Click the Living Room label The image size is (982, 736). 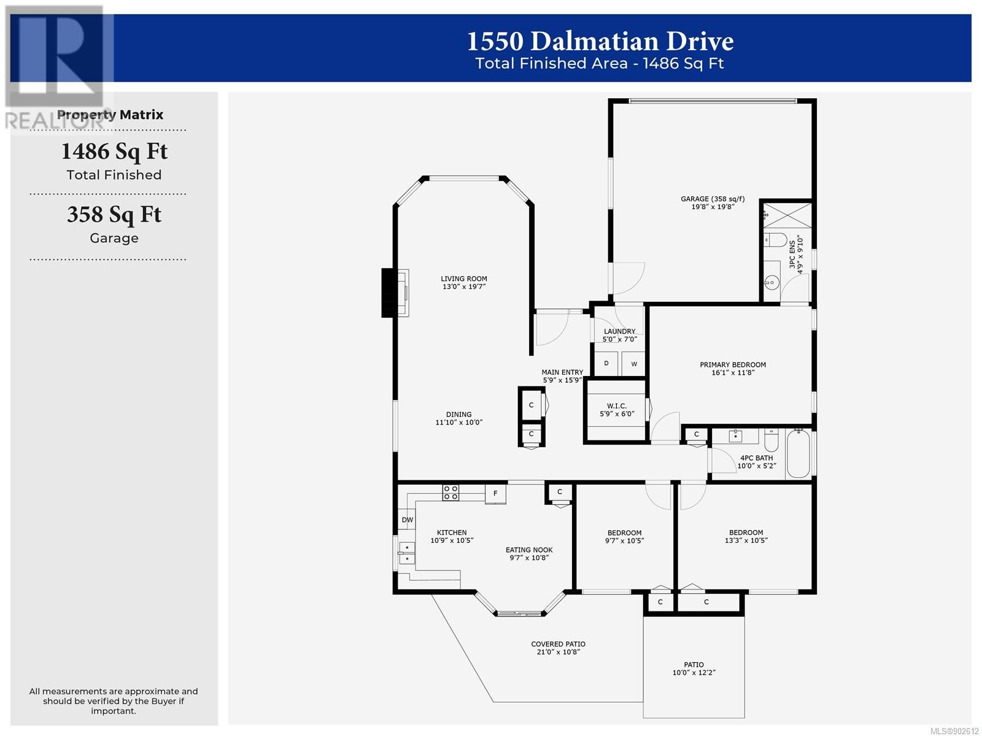click(x=463, y=278)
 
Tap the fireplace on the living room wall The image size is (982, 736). click(x=395, y=293)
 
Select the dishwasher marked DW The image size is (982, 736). click(x=407, y=519)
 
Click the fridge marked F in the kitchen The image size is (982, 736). click(x=495, y=493)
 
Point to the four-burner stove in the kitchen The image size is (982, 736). click(x=450, y=493)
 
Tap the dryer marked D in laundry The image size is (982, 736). click(x=606, y=363)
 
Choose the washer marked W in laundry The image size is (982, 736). click(x=633, y=364)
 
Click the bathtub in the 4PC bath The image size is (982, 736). click(x=798, y=454)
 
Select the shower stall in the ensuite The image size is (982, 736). click(x=787, y=216)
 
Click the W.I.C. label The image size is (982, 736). click(x=616, y=406)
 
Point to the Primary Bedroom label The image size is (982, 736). click(x=732, y=365)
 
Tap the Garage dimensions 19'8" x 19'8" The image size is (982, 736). click(x=712, y=207)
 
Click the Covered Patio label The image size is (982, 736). click(x=558, y=644)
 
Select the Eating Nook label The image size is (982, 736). click(x=529, y=550)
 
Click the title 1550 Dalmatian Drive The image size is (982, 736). click(x=600, y=41)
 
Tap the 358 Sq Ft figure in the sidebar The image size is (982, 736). click(x=114, y=215)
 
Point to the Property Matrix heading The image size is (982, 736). click(x=110, y=115)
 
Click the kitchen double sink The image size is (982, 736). click(x=407, y=553)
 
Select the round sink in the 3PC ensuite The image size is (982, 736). click(x=771, y=282)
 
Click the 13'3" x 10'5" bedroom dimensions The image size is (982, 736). click(x=746, y=540)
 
